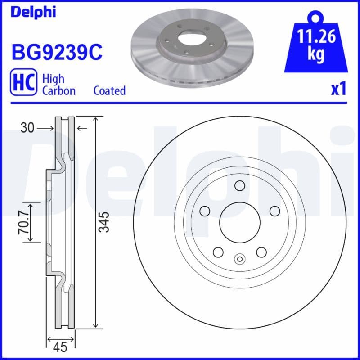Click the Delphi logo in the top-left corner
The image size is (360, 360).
coord(33,12)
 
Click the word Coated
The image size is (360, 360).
coord(109,90)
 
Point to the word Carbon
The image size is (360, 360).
coord(59,90)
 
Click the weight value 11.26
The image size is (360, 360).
coord(316,36)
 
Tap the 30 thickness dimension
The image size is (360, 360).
coord(27,129)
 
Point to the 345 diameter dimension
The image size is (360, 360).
coord(104,222)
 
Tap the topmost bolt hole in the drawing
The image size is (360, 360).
coord(239,185)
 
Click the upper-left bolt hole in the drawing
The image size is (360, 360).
coord(205,211)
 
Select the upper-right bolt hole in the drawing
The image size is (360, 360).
coord(274,211)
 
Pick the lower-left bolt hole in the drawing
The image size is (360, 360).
coord(218,252)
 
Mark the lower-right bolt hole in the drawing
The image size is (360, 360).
coord(261,252)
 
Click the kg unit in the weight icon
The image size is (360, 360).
coord(316,54)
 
